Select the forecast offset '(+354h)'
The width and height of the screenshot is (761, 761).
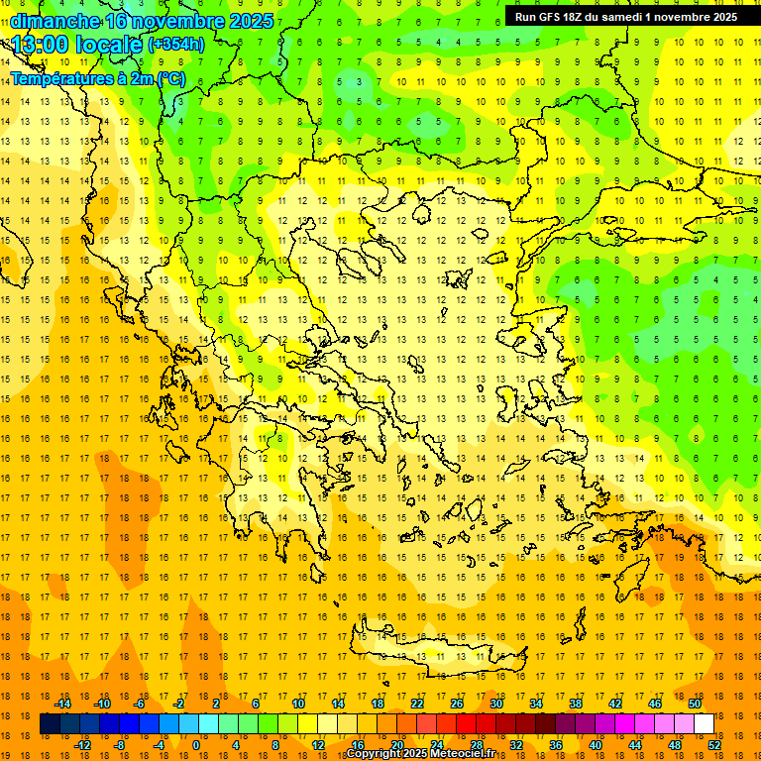pos(176,45)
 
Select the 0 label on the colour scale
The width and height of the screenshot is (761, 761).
pos(196,745)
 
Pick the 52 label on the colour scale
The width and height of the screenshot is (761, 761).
pos(713,745)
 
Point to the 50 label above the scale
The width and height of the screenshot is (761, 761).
pos(694,704)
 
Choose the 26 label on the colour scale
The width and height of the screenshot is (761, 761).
pos(456,704)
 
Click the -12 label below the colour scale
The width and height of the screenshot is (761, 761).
pos(82,745)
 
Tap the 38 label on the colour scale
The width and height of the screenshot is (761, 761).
pos(575,704)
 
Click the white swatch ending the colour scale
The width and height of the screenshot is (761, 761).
pos(704,724)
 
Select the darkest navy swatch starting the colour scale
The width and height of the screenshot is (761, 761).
pos(51,724)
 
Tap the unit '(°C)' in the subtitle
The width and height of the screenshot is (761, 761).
pos(169,78)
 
